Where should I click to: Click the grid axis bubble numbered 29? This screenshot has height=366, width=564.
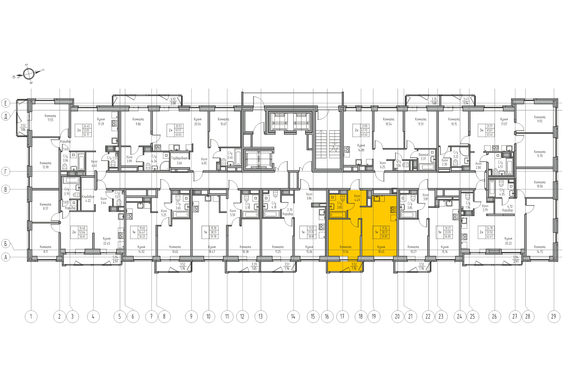554,316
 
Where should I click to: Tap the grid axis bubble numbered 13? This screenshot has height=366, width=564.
261,316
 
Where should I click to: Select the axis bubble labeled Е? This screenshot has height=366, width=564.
6,103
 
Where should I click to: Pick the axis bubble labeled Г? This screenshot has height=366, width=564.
6,171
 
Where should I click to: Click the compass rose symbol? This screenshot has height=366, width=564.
28,74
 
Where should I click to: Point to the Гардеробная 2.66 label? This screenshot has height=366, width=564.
179,160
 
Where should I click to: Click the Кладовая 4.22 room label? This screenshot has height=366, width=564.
88,198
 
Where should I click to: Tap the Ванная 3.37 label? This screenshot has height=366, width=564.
423,157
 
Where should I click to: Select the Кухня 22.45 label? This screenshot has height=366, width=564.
107,241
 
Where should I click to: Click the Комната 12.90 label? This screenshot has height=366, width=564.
45,165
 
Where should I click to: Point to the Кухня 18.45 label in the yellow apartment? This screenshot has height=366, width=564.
381,249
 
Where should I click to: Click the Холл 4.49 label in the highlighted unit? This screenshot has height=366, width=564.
357,198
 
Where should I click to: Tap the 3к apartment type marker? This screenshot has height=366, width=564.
482,130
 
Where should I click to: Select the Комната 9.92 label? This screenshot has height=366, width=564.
539,119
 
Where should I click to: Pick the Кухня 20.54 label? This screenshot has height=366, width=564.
197,122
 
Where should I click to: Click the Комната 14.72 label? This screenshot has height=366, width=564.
539,249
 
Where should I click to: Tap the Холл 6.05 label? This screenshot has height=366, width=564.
204,161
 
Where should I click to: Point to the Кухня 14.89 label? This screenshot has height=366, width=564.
361,148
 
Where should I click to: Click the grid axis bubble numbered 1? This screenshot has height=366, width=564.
31,316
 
